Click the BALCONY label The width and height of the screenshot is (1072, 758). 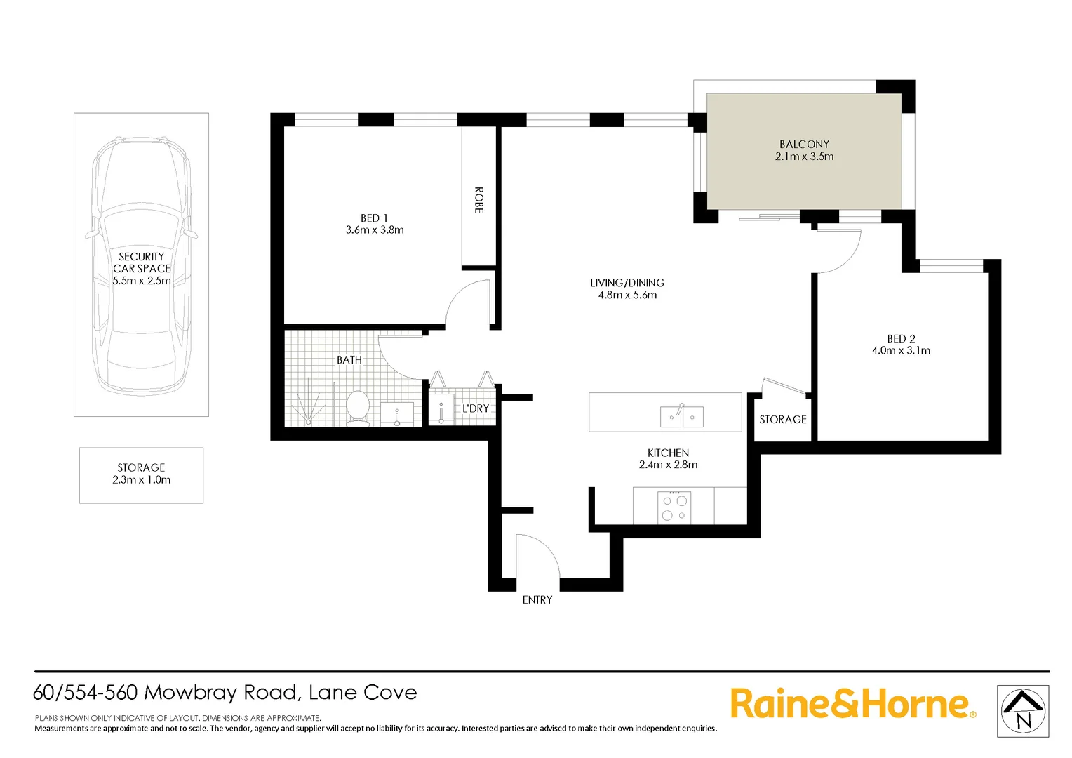804,144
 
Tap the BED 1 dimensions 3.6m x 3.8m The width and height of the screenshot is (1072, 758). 375,230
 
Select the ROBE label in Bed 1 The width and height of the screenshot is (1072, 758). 478,200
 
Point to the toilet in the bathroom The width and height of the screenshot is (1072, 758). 358,408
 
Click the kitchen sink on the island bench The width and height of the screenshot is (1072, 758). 682,417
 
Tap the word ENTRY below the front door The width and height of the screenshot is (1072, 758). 537,600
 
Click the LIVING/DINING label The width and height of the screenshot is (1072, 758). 627,283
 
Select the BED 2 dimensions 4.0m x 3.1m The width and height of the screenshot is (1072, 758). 901,351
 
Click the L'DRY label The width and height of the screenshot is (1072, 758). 476,408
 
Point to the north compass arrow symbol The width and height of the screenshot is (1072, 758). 1023,711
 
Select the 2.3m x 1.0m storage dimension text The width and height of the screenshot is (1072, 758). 141,480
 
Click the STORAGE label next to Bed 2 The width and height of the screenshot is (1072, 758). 783,420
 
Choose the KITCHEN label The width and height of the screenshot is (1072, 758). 668,453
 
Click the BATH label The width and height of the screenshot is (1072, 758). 349,360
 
